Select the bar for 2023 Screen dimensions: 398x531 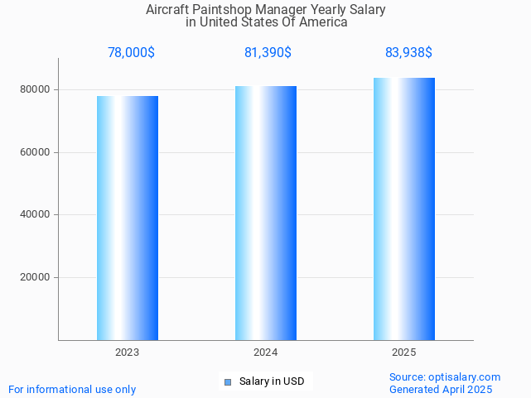click(x=128, y=218)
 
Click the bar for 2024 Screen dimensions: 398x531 click(x=266, y=213)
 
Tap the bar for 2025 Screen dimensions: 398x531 click(x=404, y=209)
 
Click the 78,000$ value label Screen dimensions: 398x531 click(x=131, y=53)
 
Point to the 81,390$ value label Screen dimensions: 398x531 click(x=268, y=53)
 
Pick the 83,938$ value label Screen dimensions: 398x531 click(x=408, y=53)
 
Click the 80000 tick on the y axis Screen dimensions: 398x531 click(x=35, y=89)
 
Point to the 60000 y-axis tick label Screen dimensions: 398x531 click(x=35, y=152)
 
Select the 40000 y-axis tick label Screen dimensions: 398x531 click(x=35, y=215)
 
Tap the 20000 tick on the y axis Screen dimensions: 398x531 click(x=35, y=278)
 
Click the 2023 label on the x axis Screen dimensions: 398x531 click(x=128, y=352)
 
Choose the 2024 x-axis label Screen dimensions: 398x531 click(x=266, y=352)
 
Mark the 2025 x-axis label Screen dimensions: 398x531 click(x=404, y=352)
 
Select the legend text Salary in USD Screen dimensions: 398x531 click(x=272, y=381)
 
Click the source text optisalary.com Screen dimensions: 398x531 click(x=445, y=377)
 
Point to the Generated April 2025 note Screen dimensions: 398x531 click(x=441, y=390)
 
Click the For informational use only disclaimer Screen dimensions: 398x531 click(x=72, y=390)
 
